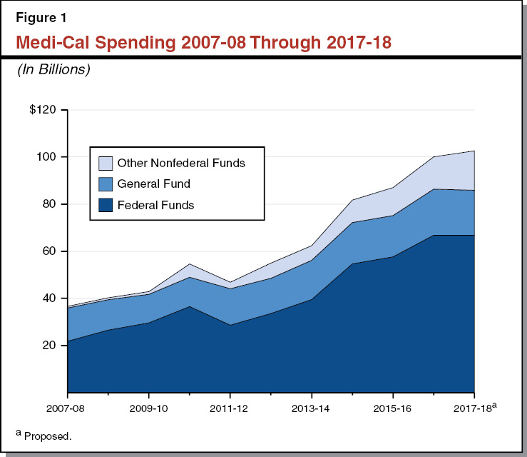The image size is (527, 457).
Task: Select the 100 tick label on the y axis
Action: (48, 157)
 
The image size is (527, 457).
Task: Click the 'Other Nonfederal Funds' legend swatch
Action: (105, 163)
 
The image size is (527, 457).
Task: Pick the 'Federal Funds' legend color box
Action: (105, 205)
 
